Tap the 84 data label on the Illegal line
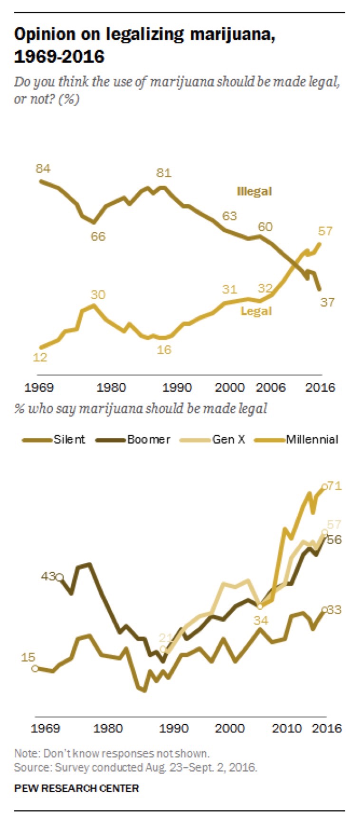tap(43, 169)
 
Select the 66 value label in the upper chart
tap(98, 236)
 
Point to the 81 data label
tap(164, 173)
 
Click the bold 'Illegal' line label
tap(254, 191)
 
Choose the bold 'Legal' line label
tap(256, 311)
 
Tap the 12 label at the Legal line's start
tap(40, 357)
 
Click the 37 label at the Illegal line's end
tap(327, 302)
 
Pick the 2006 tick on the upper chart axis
tap(271, 388)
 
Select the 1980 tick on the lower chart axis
tap(108, 728)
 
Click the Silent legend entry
tap(69, 439)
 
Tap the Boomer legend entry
tap(148, 439)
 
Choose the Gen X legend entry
tap(228, 439)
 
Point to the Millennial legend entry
tap(312, 439)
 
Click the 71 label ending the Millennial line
tap(335, 486)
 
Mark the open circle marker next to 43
tap(59, 578)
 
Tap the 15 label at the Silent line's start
tap(28, 657)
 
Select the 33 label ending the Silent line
tap(335, 609)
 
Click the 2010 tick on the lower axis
tap(286, 728)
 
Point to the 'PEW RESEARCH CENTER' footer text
tap(76, 788)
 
